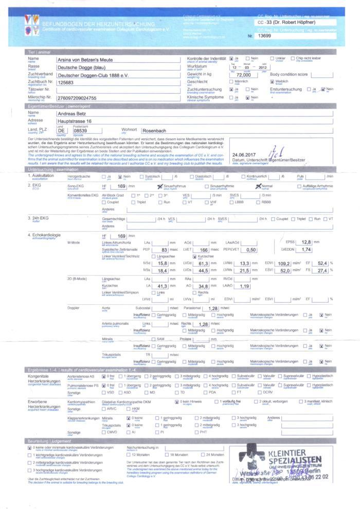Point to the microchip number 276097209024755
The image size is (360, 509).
[x=77, y=97]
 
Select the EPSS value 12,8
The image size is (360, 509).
[x=307, y=242]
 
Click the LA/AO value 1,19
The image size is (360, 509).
[x=245, y=286]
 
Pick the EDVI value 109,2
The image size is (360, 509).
[x=284, y=263]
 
